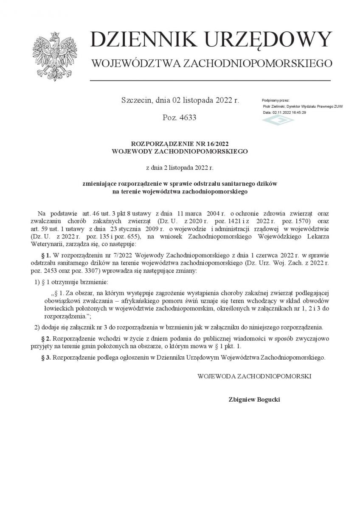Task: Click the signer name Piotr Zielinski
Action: click(273, 106)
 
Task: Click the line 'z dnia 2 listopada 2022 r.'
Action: click(180, 168)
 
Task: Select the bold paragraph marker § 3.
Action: click(46, 358)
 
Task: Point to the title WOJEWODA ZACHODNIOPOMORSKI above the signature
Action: click(254, 376)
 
